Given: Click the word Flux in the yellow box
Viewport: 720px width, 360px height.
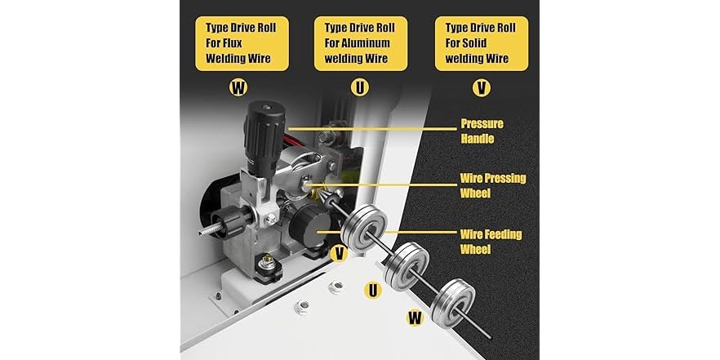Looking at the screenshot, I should (x=251, y=42).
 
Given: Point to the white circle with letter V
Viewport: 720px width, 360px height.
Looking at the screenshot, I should (x=482, y=86).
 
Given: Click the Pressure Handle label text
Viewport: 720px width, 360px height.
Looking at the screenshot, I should (x=482, y=131).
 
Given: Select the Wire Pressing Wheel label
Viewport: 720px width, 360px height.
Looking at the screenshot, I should (x=493, y=184).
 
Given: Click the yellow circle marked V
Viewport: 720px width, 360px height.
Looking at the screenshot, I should (x=340, y=255).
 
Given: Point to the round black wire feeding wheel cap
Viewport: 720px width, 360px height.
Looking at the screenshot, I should (x=309, y=221).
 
